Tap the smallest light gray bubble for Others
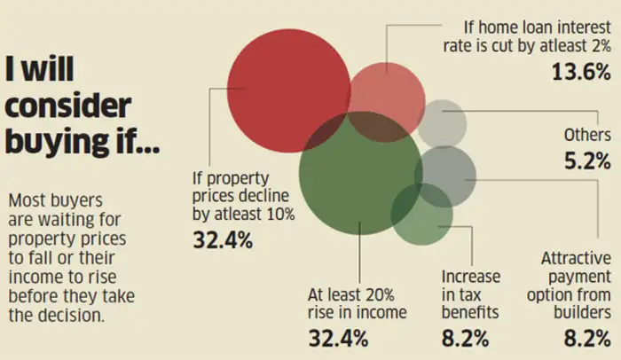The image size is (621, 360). coord(442,123)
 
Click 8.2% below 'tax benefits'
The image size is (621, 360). coord(465,338)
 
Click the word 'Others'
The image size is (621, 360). coord(587,136)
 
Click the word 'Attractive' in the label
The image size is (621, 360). coord(577,259)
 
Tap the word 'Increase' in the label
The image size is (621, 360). coord(471,277)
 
